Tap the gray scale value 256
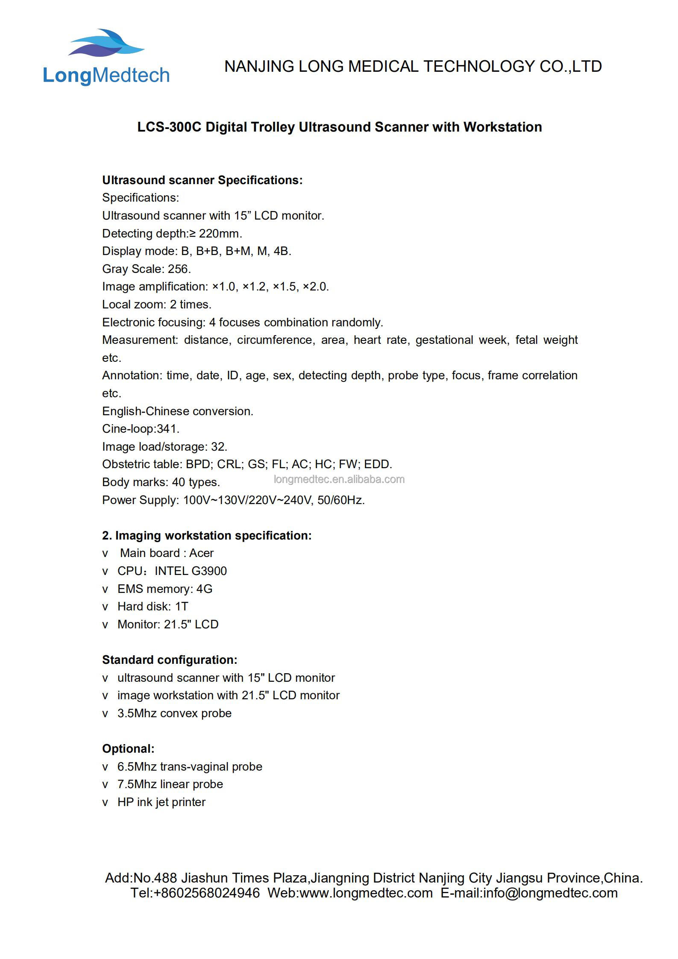(x=179, y=269)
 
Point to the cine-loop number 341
(x=168, y=429)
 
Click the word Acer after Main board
(x=201, y=553)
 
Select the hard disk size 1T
(x=182, y=607)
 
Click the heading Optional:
(x=128, y=749)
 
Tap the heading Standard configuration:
(x=170, y=660)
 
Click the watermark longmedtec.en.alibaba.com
(x=339, y=479)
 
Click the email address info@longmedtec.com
(x=550, y=893)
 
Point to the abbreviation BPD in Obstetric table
(x=199, y=464)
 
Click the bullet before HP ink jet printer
(x=105, y=803)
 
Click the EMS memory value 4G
(x=204, y=589)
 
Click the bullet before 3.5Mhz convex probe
(x=105, y=714)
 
